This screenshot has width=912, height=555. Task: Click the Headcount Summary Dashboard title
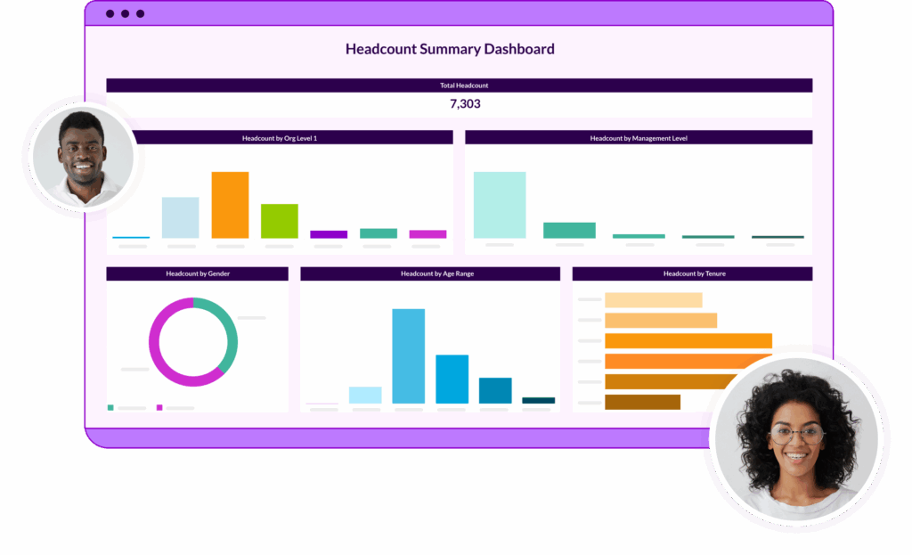[x=450, y=49]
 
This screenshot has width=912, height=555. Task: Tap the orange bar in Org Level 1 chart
[x=230, y=205]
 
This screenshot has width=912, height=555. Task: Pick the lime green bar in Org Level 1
[x=279, y=221]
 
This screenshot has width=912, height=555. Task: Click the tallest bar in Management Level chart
[x=499, y=205]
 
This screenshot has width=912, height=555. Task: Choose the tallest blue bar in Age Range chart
[x=409, y=355]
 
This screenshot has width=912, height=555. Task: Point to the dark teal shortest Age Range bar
[x=538, y=400]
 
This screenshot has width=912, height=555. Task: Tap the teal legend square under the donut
[x=110, y=407]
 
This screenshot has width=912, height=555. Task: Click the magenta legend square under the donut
[x=159, y=407]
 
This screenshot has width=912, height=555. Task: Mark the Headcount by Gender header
[x=197, y=273]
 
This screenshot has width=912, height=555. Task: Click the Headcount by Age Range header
[x=430, y=273]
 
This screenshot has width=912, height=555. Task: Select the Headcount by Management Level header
[x=638, y=138]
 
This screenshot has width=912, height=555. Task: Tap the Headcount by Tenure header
[x=692, y=273]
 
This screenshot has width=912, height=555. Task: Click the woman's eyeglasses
[x=796, y=435]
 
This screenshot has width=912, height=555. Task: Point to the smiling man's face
[x=81, y=151]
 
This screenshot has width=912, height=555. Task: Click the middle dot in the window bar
[x=125, y=13]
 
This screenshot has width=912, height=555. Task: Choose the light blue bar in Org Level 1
[x=180, y=217]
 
